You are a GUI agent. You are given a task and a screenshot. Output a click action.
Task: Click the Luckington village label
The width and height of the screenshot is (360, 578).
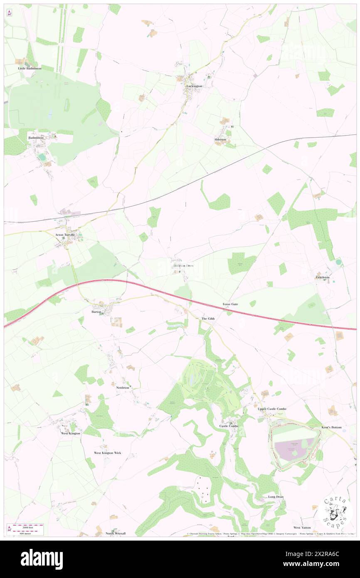pos(195,86)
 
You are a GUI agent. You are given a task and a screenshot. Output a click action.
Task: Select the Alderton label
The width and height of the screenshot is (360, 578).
pos(220,140)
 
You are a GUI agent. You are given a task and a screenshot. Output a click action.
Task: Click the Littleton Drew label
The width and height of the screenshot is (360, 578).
pos(183,266)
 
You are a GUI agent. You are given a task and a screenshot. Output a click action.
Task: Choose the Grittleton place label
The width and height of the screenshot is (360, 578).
pos(323,278)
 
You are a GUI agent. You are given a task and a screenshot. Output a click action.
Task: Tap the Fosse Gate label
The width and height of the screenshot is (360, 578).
pos(230,304)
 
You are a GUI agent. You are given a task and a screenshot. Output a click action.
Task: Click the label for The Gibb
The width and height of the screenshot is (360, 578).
pos(208,319)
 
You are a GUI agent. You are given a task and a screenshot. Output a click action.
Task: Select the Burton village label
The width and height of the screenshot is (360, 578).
pos(96,311)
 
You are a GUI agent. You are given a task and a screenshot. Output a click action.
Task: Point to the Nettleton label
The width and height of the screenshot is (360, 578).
pos(123,388)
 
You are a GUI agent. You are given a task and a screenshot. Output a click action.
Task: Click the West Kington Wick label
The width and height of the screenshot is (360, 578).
pos(107,453)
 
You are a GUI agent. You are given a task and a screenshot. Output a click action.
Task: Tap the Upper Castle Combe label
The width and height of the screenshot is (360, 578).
pos(272,409)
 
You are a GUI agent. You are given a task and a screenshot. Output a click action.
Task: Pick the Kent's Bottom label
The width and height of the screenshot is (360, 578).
pos(331,427)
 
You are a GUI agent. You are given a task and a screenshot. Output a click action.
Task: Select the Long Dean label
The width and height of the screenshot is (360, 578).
pos(276,497)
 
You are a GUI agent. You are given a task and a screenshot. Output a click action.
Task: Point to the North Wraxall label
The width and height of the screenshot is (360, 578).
pos(115,533)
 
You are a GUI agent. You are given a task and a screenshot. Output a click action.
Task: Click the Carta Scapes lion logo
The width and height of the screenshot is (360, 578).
pos(336,513)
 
